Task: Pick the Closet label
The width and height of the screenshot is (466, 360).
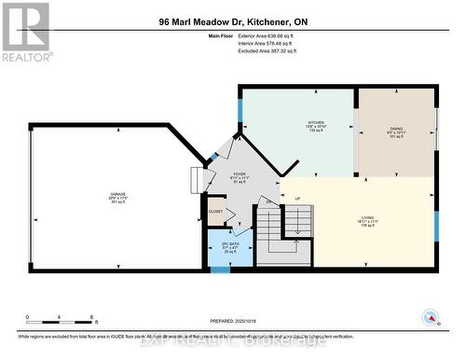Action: pyautogui.click(x=216, y=212)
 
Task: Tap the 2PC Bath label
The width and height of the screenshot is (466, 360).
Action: pyautogui.click(x=218, y=246)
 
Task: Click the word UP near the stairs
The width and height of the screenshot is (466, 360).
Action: pyautogui.click(x=297, y=199)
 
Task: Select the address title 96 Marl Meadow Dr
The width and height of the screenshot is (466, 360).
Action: pyautogui.click(x=232, y=21)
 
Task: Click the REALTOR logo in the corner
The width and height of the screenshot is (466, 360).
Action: pyautogui.click(x=26, y=32)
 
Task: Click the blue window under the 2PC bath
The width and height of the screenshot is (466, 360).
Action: pyautogui.click(x=220, y=270)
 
